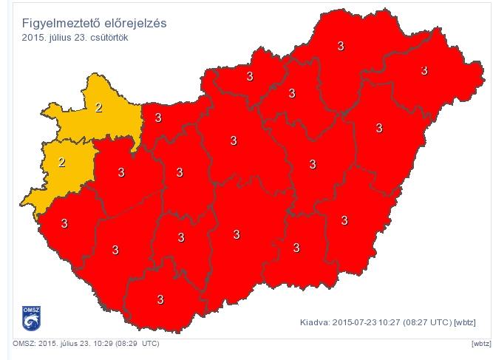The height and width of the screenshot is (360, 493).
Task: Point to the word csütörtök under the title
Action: tap(108, 37)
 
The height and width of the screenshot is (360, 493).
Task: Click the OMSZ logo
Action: tap(30, 317)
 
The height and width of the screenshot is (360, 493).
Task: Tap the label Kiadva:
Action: tap(315, 322)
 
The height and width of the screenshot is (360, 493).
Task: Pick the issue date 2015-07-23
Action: tap(357, 322)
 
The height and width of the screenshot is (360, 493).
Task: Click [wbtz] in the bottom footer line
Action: tap(480, 344)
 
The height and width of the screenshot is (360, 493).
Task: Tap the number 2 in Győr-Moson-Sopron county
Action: tap(99, 108)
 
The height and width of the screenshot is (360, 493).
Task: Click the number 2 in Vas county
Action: tap(62, 163)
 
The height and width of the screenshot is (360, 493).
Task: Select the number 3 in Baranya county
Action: tap(160, 299)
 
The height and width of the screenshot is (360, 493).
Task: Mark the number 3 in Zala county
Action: tap(64, 223)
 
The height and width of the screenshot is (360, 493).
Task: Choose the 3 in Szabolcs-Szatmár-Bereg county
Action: tap(424, 70)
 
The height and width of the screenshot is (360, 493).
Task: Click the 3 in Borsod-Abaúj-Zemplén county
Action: tap(341, 46)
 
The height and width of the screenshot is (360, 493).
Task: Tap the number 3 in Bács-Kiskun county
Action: tap(237, 234)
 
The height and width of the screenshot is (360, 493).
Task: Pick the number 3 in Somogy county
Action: tap(115, 251)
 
